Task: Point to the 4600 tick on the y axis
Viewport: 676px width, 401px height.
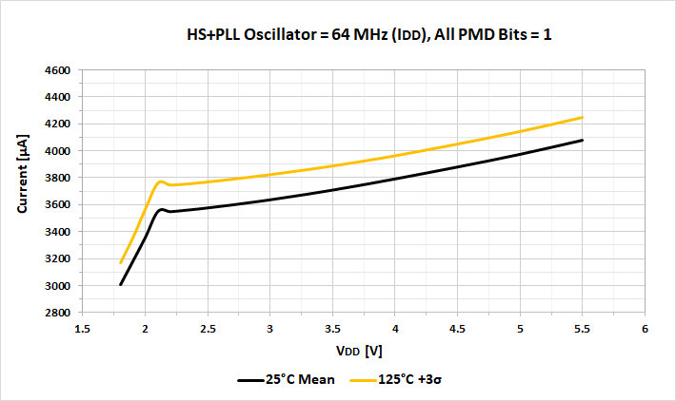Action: (x=58, y=70)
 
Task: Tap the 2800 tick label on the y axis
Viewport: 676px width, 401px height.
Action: (x=58, y=313)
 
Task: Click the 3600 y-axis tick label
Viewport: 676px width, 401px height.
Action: (x=58, y=205)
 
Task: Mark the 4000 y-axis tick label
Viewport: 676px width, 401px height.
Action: (x=58, y=151)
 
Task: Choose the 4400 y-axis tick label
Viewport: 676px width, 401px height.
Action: (x=58, y=97)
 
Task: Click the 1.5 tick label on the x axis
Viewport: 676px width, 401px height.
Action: (x=82, y=329)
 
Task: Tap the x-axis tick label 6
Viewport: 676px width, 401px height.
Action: (x=645, y=329)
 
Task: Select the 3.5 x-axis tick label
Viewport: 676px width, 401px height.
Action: (x=332, y=329)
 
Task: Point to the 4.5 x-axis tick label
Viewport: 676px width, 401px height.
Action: (x=457, y=329)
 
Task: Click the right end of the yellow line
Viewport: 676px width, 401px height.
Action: (x=582, y=118)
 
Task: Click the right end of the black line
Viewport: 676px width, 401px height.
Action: (x=582, y=141)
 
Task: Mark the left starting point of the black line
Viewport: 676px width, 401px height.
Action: (x=121, y=284)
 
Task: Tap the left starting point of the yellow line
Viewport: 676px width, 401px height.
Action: (x=121, y=262)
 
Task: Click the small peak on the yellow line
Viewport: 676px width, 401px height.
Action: (x=161, y=181)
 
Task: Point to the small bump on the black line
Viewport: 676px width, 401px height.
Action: (x=162, y=209)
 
